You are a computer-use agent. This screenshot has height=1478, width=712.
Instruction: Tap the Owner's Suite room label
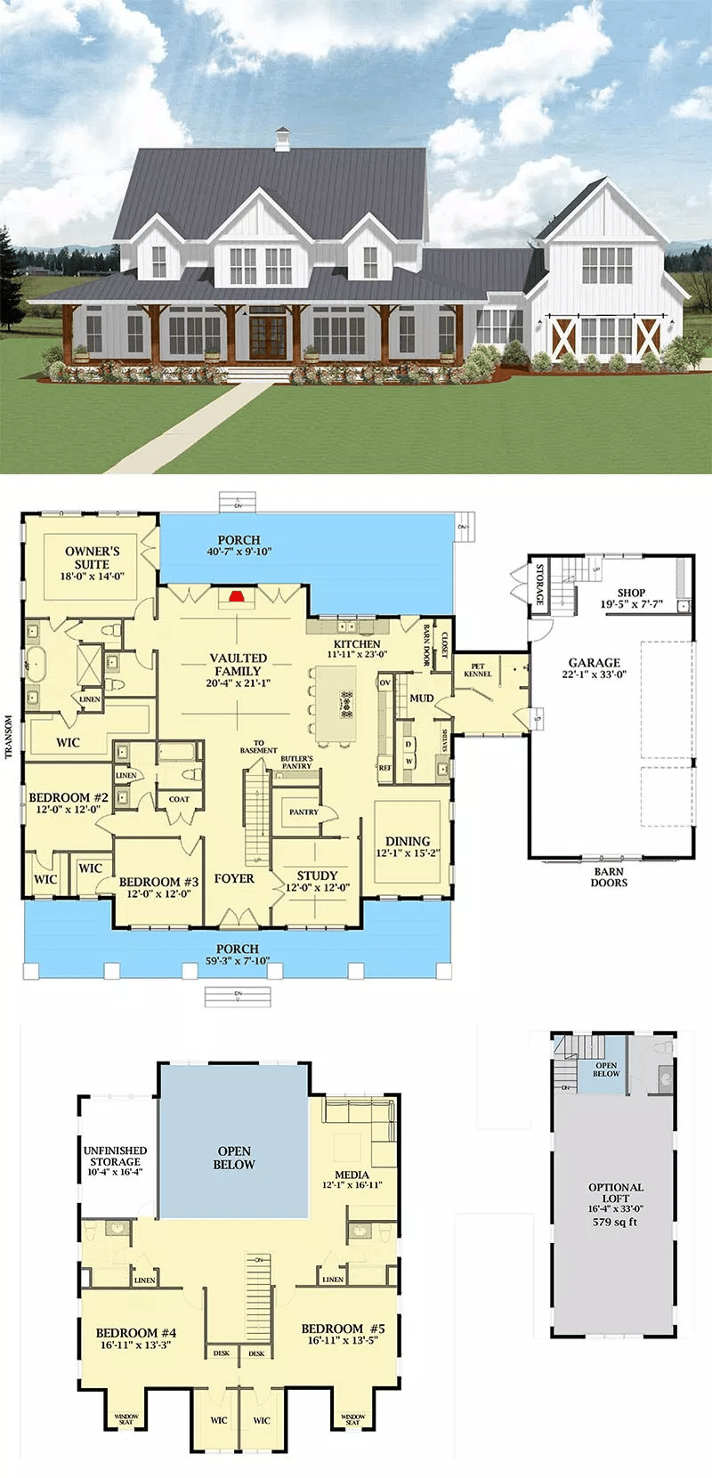coord(92,558)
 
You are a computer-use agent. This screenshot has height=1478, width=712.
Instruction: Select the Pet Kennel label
coord(478,670)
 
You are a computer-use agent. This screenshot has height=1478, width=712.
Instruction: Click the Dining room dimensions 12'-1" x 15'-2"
coord(408,853)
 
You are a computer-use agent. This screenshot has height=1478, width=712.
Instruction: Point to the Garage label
coord(595,663)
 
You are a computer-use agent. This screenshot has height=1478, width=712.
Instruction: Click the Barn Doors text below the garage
coord(609,877)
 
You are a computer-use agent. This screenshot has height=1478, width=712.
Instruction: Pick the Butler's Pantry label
coord(296,763)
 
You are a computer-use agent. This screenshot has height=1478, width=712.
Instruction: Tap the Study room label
coord(317,876)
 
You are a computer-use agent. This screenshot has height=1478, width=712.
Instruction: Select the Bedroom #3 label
coord(158,882)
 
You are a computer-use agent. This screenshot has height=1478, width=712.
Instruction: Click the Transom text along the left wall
coord(9,738)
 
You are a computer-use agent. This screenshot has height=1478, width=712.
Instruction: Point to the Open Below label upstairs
coord(234,1158)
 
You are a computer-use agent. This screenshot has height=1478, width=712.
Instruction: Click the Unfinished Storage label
coord(115,1156)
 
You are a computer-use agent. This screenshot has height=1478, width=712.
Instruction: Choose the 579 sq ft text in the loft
coord(615,1222)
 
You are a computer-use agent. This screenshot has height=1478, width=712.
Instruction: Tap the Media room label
coord(352,1175)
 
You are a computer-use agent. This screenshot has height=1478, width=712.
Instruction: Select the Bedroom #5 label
coord(343,1329)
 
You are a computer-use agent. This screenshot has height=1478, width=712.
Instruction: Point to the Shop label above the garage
coord(631,593)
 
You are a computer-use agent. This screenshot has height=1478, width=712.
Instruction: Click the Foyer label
coord(234,878)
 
